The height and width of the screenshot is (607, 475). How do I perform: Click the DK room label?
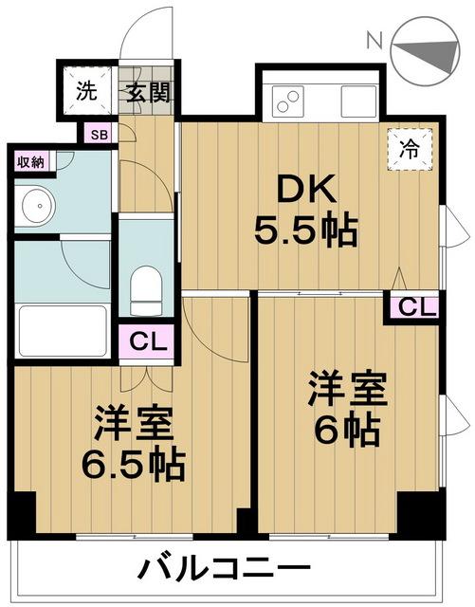point(306,189)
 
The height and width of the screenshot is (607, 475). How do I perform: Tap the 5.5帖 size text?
point(306,231)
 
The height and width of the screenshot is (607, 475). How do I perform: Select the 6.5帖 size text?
point(133,464)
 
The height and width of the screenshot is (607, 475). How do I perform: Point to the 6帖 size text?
point(346,430)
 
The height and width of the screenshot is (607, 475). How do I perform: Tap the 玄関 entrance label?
point(149,93)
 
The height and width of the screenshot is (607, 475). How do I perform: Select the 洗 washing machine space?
point(86,91)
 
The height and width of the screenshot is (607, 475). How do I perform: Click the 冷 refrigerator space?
point(410,149)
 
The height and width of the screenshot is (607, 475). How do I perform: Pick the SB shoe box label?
point(100,135)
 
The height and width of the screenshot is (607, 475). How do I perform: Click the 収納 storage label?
point(31,162)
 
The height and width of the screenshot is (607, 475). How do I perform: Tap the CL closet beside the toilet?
point(146,342)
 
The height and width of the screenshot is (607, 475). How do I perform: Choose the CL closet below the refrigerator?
point(413,307)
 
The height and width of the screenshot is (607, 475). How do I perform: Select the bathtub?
point(63,331)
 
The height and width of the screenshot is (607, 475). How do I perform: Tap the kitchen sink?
point(358,101)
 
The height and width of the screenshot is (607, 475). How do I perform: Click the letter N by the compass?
point(375,41)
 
